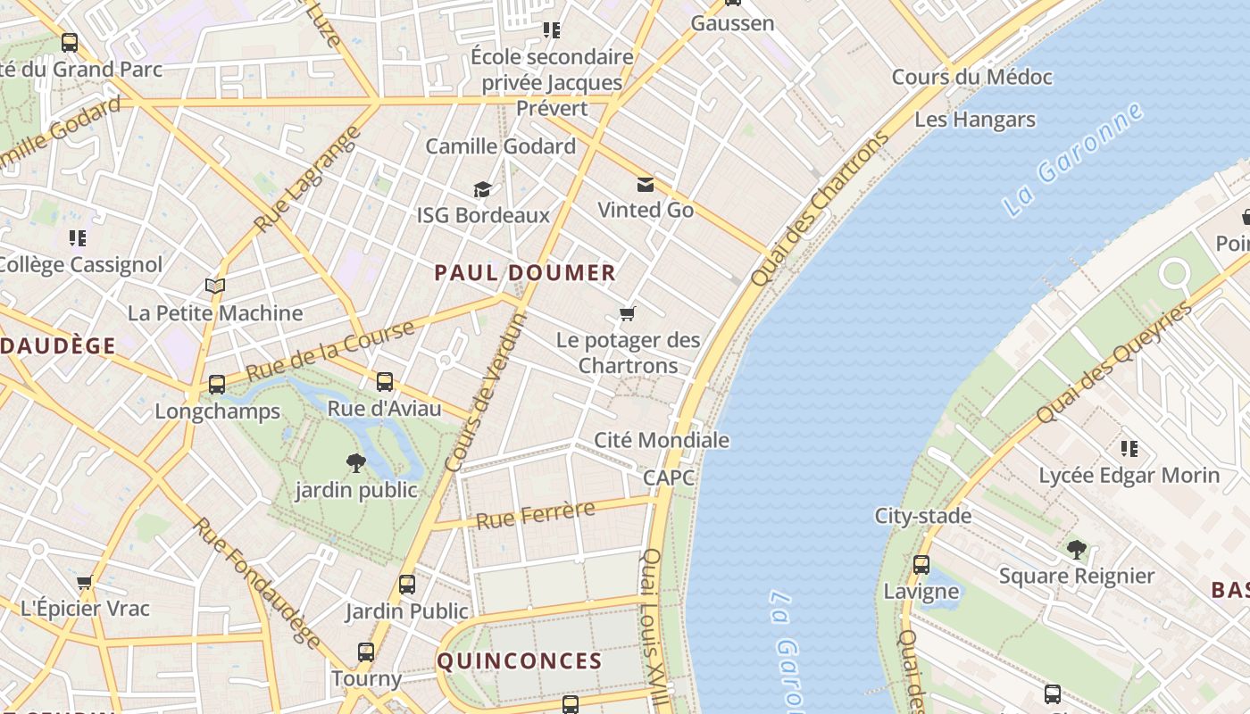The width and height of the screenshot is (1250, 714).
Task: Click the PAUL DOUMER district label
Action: coord(525,273)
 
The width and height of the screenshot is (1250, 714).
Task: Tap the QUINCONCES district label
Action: coord(519,661)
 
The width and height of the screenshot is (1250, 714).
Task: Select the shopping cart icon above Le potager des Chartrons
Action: coord(628,313)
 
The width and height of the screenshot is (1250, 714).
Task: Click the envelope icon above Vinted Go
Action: coord(645,185)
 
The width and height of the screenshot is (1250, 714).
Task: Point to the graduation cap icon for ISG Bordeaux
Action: coord(482,189)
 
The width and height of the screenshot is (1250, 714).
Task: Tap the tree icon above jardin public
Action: coord(355,462)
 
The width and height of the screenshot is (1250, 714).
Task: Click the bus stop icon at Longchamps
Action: coord(216,385)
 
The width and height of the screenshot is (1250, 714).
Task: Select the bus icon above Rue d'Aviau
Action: coord(385,382)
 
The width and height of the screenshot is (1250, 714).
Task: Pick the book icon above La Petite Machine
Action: coord(214,286)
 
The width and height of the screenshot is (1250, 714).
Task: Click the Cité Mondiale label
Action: coord(662,440)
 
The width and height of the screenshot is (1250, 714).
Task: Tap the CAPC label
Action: coord(669,477)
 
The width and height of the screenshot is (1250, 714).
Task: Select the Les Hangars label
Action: coord(975,120)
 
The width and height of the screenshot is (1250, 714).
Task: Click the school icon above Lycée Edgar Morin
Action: coord(1129,448)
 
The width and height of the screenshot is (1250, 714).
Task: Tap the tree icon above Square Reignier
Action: coord(1076,549)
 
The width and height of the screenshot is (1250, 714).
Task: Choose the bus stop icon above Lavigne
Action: coord(921,565)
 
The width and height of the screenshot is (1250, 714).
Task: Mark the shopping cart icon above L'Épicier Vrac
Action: coord(85,582)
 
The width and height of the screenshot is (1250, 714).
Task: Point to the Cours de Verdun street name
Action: coord(486,394)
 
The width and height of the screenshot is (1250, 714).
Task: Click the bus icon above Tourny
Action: coord(366,652)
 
